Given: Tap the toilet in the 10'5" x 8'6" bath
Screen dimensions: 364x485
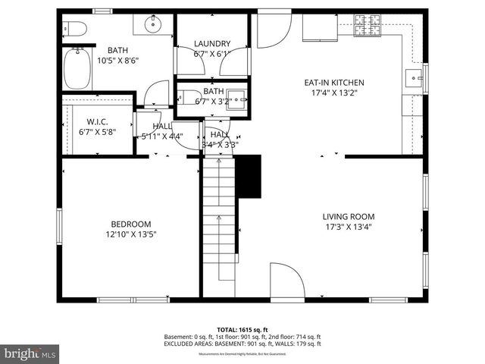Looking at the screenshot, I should pyautogui.click(x=77, y=30).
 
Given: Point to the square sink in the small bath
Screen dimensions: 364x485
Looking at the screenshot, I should pyautogui.click(x=237, y=97).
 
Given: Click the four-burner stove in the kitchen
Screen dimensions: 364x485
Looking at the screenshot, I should pyautogui.click(x=368, y=28).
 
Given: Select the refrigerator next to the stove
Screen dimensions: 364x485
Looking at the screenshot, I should pyautogui.click(x=321, y=27).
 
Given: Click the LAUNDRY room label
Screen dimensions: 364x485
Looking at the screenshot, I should pyautogui.click(x=211, y=44).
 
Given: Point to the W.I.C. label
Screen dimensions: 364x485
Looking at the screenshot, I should pyautogui.click(x=97, y=121).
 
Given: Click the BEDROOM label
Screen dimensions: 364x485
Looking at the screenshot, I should pyautogui.click(x=130, y=224).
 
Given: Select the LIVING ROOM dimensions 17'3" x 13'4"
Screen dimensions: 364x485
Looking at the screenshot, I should pyautogui.click(x=349, y=226).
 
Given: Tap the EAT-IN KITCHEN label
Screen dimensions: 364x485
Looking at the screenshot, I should pyautogui.click(x=334, y=83).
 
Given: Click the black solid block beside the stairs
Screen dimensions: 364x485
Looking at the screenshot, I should pyautogui.click(x=249, y=175).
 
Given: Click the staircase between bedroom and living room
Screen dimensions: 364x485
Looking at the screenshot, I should pyautogui.click(x=219, y=220).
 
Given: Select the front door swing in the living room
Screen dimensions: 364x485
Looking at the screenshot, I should pyautogui.click(x=286, y=281).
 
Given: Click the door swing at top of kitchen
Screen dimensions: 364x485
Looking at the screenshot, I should pyautogui.click(x=273, y=30).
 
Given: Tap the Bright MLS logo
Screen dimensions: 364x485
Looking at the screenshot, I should pyautogui.click(x=30, y=353).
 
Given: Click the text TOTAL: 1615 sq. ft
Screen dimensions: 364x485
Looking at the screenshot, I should pyautogui.click(x=242, y=331).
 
